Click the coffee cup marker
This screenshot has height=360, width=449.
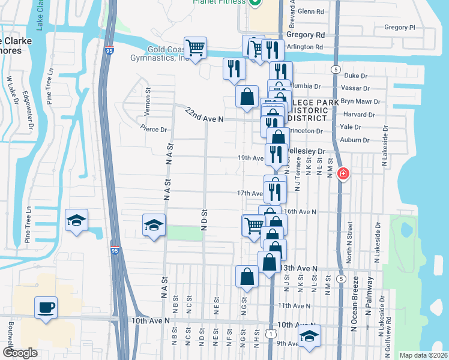[46, 308]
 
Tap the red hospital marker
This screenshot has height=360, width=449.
[343, 174]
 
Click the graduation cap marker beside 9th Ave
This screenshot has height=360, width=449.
[309, 336]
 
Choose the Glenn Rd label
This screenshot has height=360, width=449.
[310, 11]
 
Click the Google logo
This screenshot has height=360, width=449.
[20, 353]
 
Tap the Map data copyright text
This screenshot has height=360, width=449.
[423, 355]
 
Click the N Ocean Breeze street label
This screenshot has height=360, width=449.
[355, 304]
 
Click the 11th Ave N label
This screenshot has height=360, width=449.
[294, 305]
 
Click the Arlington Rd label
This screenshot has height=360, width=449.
[306, 47]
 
